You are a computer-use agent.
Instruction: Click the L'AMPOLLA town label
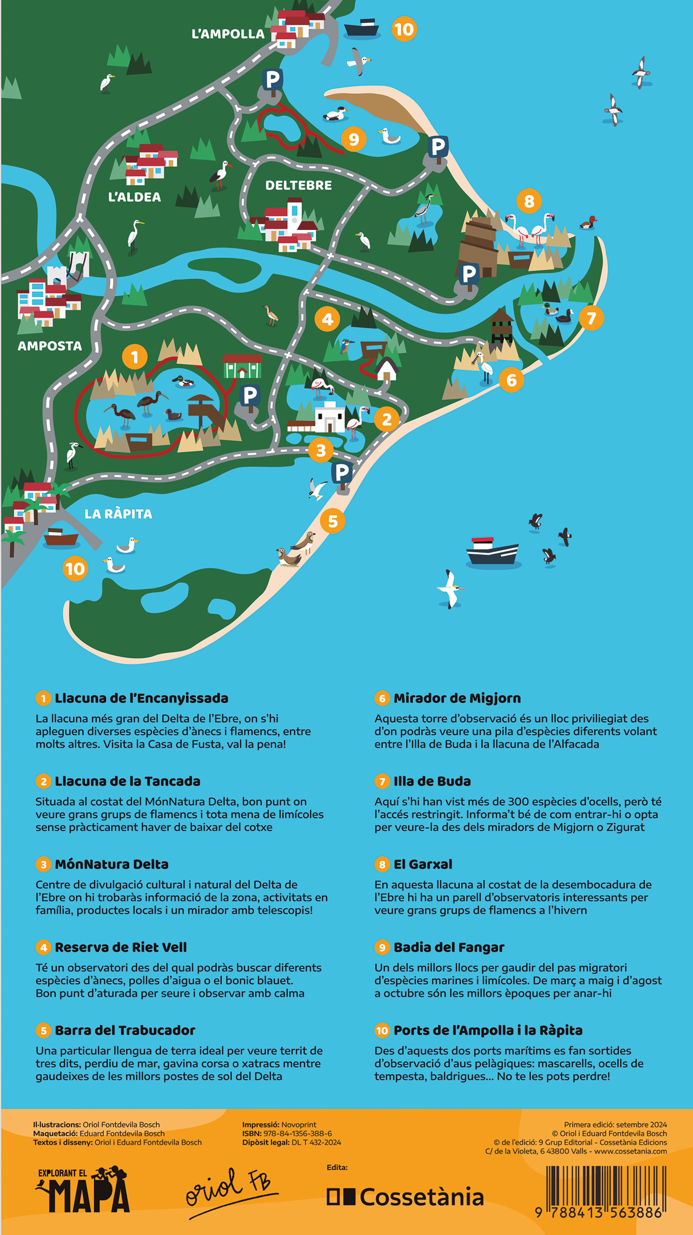click(x=228, y=34)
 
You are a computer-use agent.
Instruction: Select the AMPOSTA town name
click(x=50, y=346)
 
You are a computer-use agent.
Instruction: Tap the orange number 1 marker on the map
click(x=135, y=357)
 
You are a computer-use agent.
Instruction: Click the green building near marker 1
click(x=242, y=367)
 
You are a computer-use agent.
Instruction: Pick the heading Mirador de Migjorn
click(x=457, y=698)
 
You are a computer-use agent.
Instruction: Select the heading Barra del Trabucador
click(x=125, y=1030)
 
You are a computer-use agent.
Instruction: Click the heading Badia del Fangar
click(x=449, y=947)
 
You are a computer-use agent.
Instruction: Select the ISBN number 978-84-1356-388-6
click(x=297, y=1133)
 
